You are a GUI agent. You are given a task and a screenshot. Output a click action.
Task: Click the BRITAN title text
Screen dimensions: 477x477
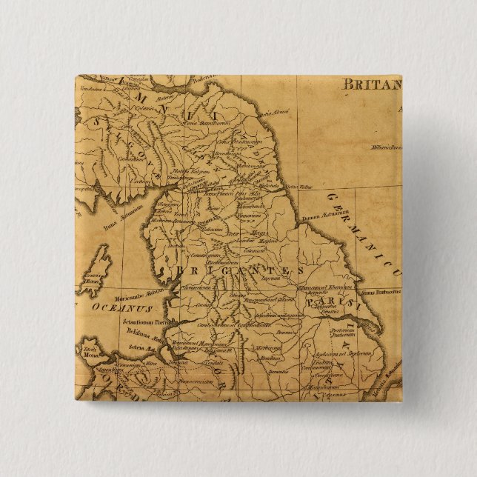[x=370, y=84]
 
